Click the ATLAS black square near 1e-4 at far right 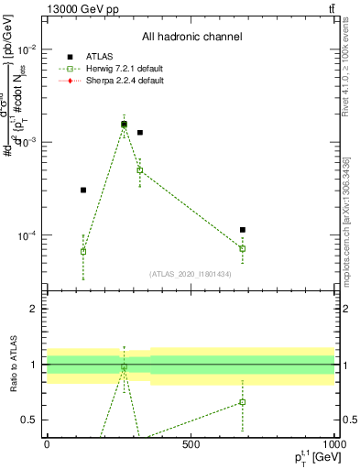243,230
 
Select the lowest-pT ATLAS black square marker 83,190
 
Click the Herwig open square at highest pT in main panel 243,248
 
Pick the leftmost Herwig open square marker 83,251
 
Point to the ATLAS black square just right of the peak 140,133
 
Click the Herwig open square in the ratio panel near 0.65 243,402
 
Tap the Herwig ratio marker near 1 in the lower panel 125,367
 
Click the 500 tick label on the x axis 191,446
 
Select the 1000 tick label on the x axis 332,446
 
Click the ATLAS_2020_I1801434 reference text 191,274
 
